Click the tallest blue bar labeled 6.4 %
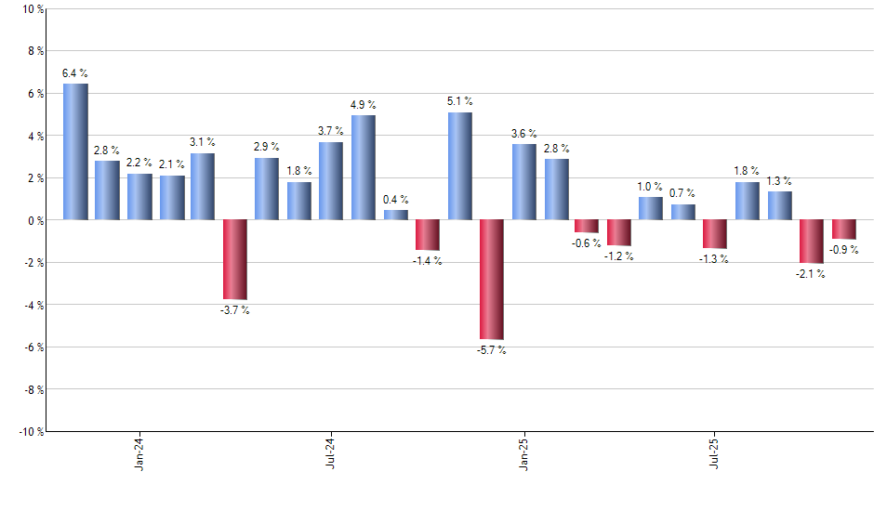click(75, 151)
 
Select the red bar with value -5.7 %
click(492, 280)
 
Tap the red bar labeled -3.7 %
click(234, 259)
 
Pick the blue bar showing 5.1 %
click(459, 165)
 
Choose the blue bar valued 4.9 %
click(364, 167)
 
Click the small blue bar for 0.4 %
click(396, 215)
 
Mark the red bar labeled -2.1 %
click(812, 242)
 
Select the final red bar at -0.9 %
click(844, 229)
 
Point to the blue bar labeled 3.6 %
click(523, 181)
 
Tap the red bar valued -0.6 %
click(587, 226)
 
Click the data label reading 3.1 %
click(203, 142)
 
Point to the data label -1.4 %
click(428, 261)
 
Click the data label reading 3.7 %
click(331, 131)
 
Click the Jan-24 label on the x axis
click(139, 454)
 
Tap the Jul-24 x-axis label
click(331, 454)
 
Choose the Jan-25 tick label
click(523, 454)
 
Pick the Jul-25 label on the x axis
click(715, 454)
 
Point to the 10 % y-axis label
click(33, 9)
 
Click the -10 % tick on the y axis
click(31, 431)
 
